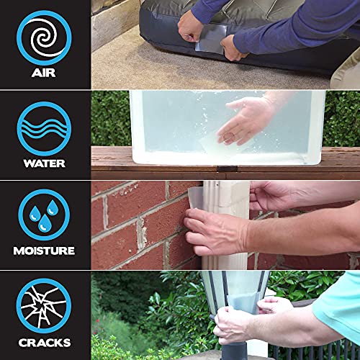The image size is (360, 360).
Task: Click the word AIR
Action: click(x=44, y=72)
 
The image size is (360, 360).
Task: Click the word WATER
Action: click(x=44, y=163)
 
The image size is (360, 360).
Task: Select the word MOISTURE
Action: click(x=44, y=251)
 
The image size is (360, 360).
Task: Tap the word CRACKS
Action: click(x=44, y=342)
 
